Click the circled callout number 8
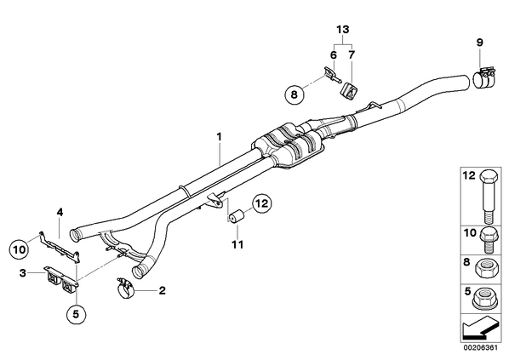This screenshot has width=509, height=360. tap(295, 94)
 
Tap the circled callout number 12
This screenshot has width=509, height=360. tap(262, 203)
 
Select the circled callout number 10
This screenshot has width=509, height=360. tap(20, 249)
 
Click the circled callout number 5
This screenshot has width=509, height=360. tap(76, 314)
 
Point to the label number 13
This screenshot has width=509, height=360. tap(343, 30)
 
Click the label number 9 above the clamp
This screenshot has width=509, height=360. tap(480, 43)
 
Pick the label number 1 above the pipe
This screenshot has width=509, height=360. tap(220, 136)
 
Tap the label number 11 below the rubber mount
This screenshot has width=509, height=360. tap(237, 244)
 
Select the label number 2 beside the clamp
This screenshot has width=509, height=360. tap(162, 290)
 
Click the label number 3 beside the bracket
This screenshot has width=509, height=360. tap(22, 273)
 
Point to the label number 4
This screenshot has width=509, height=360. tap(60, 213)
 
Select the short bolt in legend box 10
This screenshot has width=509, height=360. tap(489, 240)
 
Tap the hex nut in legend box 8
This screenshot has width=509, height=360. tap(486, 268)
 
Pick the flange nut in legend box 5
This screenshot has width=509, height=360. tap(486, 299)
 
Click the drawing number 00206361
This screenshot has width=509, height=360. tap(480, 348)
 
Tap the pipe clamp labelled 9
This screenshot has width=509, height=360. tap(483, 78)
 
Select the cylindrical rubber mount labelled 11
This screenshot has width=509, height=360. tap(237, 216)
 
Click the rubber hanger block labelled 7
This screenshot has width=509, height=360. tap(347, 90)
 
